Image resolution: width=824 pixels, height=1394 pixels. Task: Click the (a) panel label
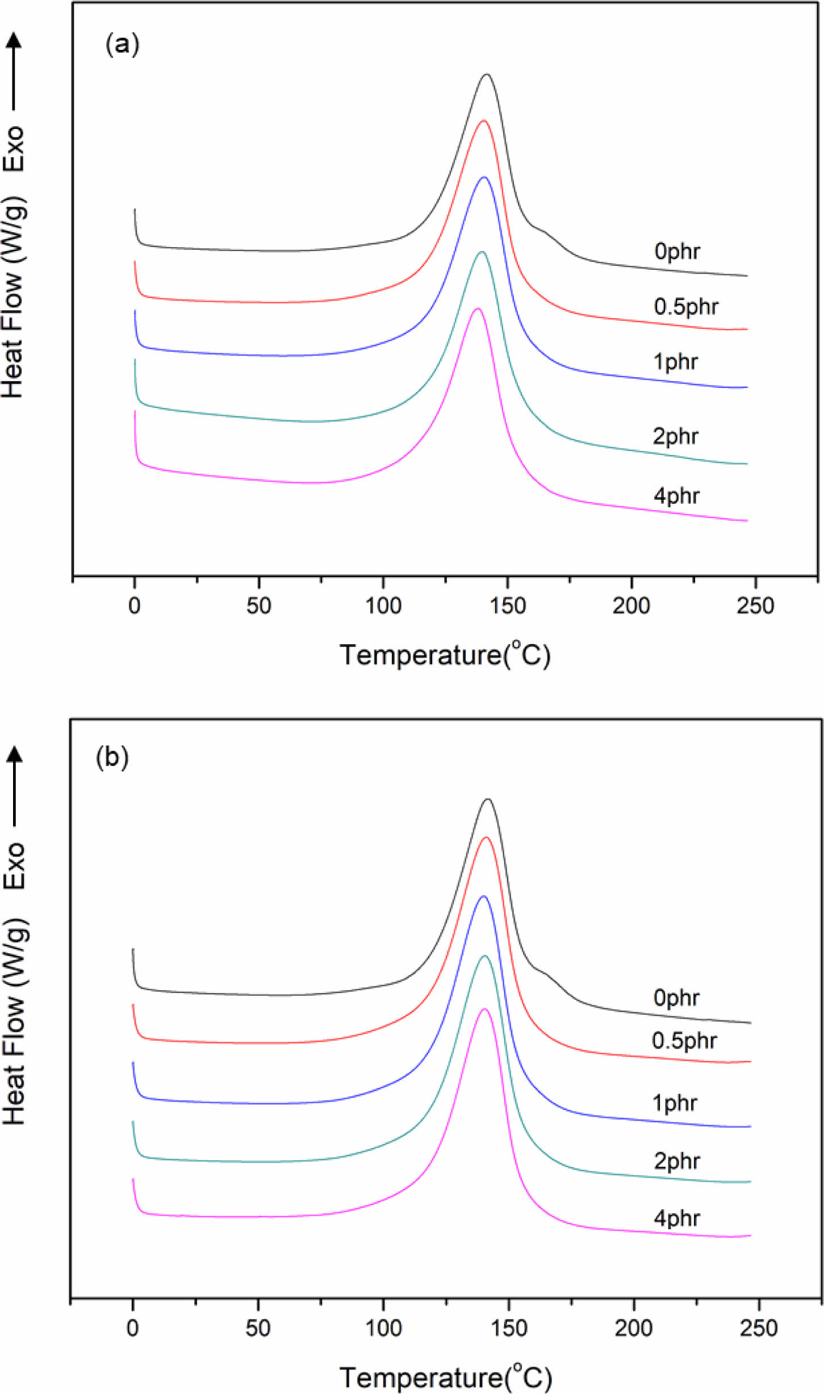122,44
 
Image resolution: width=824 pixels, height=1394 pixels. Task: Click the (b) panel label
112,757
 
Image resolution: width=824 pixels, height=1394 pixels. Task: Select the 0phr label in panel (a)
676,251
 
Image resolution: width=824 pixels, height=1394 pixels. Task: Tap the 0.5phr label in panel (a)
685,307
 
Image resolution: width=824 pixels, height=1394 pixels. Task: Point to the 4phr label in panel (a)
676,496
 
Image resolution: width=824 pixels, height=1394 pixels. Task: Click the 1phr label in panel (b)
674,1103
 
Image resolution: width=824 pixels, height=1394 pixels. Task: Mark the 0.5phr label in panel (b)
684,1041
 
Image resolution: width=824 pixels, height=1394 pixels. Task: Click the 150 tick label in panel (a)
507,606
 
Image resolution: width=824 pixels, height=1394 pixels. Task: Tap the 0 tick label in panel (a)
135,606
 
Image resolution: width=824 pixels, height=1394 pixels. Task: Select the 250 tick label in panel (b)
758,1328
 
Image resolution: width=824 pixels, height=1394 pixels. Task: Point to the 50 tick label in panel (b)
258,1328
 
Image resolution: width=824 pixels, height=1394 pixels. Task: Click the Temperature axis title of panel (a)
445,655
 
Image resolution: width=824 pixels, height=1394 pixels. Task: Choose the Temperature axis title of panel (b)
445,1378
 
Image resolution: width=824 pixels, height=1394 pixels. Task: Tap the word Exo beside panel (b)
14,865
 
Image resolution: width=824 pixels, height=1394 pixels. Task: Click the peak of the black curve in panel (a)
487,74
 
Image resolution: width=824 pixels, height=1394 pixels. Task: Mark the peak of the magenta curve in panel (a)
477,308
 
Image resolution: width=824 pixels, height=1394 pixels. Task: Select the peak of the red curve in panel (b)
486,837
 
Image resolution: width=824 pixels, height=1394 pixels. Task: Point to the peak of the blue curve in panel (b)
483,896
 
